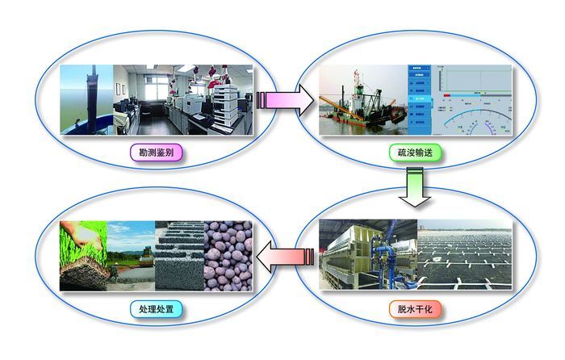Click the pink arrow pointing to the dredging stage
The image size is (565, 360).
tap(278, 100)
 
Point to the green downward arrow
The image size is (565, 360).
tap(416, 187)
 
